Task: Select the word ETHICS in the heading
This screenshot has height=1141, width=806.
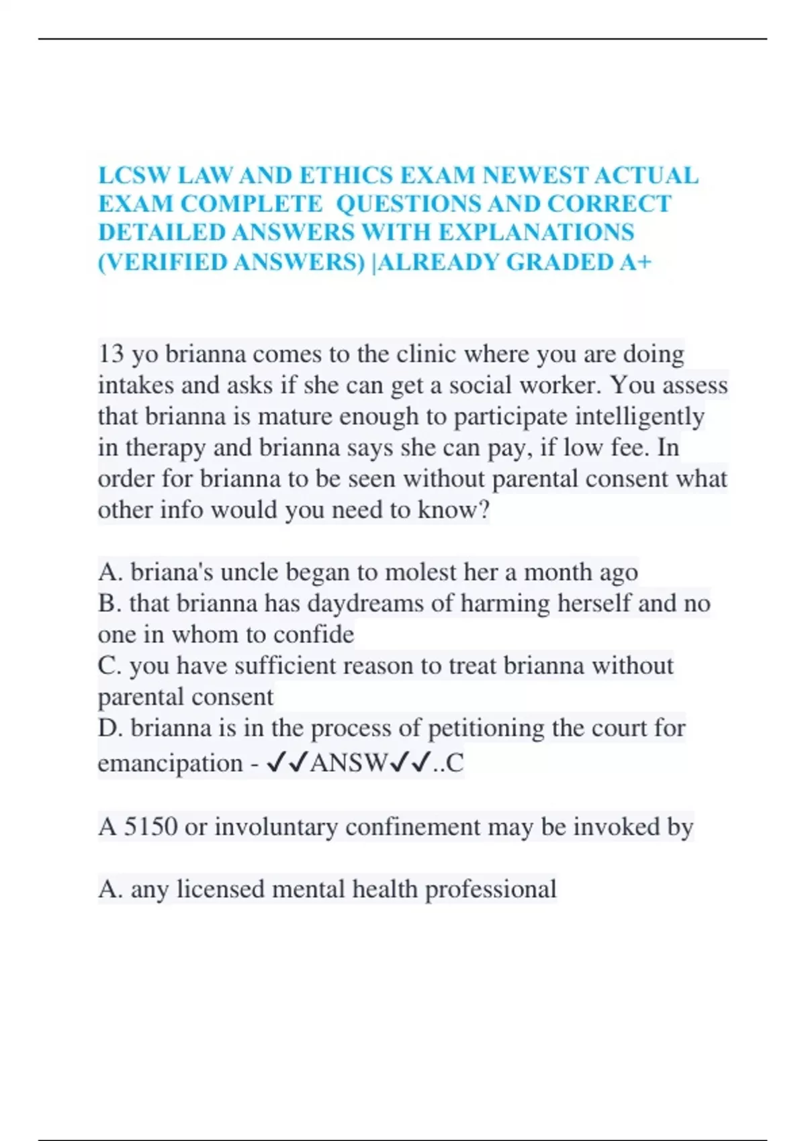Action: pyautogui.click(x=346, y=176)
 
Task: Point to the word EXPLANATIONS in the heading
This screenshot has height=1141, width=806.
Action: pyautogui.click(x=537, y=232)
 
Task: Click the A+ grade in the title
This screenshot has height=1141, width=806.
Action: pyautogui.click(x=635, y=262)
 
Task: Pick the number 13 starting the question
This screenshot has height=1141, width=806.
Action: pyautogui.click(x=111, y=354)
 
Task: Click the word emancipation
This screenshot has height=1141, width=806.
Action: pyautogui.click(x=170, y=763)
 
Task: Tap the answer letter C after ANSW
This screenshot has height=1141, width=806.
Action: pyautogui.click(x=455, y=763)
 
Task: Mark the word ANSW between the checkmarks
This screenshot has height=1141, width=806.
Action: pyautogui.click(x=349, y=763)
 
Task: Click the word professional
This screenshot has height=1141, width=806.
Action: pyautogui.click(x=490, y=889)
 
